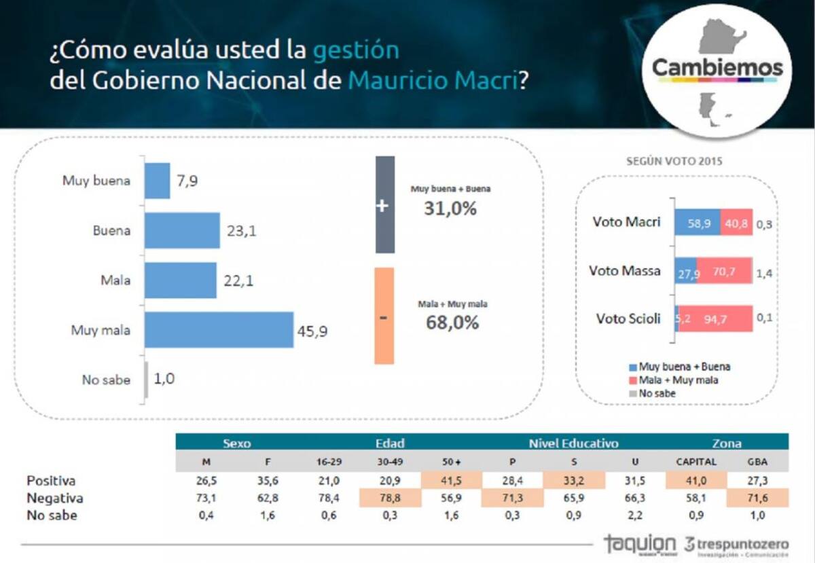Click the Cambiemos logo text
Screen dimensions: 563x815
tap(717, 68)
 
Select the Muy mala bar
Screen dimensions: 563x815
tap(219, 330)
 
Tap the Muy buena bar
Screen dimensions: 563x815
tap(157, 181)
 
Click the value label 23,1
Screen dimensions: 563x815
tap(240, 231)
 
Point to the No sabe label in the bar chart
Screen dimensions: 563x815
tap(106, 380)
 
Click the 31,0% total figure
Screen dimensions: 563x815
tap(450, 208)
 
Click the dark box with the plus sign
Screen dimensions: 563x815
tap(384, 205)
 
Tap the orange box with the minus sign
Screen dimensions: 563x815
tap(384, 316)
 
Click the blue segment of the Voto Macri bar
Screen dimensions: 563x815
tap(697, 223)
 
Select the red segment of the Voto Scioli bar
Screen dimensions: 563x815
tap(716, 319)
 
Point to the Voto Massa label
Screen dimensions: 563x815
tap(624, 271)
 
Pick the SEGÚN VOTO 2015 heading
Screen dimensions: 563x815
tap(672, 162)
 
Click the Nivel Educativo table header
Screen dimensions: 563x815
tap(573, 443)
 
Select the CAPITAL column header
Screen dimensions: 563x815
tap(695, 462)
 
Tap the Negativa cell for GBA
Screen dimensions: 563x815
tap(757, 498)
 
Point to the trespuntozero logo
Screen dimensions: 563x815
tap(736, 545)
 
